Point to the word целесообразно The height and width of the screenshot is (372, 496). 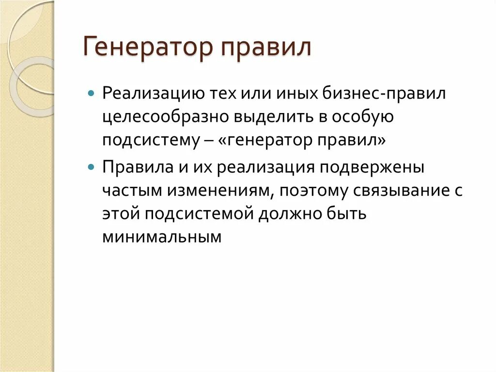tap(167, 117)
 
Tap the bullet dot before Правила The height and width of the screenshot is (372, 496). tap(92, 166)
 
